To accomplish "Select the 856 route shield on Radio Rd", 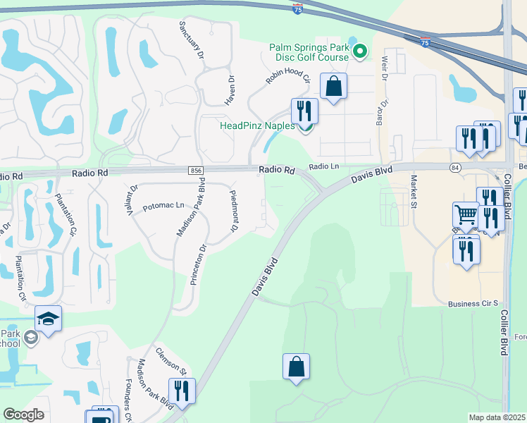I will pos(196,171).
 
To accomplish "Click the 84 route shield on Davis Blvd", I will pos(455,167).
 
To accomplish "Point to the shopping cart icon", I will pos(466,213).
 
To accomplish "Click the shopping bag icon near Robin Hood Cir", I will pos(334,87).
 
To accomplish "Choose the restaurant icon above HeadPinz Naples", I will pos(304,110).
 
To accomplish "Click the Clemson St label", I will pos(170,360).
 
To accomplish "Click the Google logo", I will pos(23,415).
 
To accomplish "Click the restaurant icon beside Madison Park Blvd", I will pos(182,391).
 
